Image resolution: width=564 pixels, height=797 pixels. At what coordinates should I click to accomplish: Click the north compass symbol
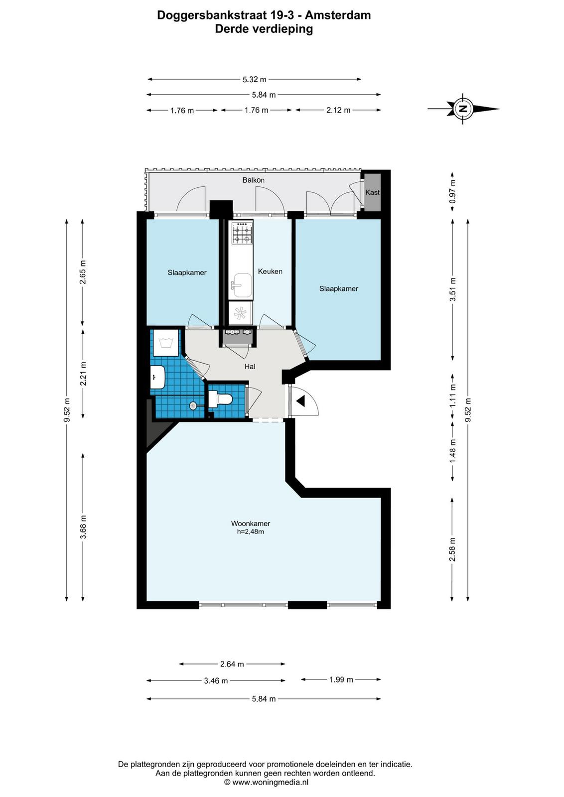pos(463,109)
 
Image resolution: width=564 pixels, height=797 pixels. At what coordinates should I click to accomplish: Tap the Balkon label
pos(254,180)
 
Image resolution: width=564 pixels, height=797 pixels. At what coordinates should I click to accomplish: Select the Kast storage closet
pos(373,192)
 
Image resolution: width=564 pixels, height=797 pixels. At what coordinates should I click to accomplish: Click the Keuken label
pos(270,271)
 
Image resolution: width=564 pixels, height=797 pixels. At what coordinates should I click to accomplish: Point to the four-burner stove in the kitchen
pos(241,233)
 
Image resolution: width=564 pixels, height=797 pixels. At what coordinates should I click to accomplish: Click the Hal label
pos(250,367)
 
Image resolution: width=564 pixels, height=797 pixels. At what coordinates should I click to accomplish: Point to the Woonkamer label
pos(251,524)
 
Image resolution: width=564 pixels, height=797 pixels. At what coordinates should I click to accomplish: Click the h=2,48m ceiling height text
pos(251,532)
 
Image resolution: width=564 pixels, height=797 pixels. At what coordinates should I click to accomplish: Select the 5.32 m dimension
pos(255,79)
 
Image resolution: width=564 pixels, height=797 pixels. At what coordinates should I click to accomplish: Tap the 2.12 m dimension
pos(338,110)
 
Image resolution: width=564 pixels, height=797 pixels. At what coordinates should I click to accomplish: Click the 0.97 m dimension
pos(452,191)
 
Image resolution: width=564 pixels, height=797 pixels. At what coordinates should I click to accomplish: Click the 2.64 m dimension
pos(232,664)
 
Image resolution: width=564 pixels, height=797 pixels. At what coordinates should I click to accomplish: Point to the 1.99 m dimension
pos(341,679)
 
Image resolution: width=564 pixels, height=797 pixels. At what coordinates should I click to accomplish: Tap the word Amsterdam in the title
pos(338,15)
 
